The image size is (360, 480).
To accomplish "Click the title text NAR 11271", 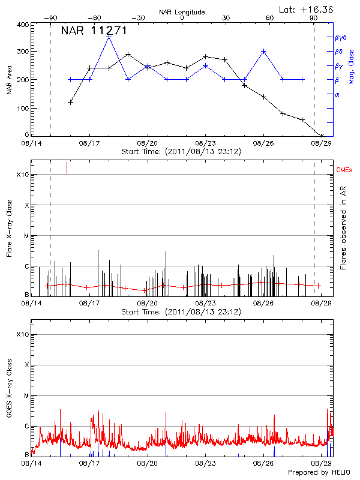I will [x=94, y=31].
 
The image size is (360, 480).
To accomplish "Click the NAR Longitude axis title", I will [x=182, y=12].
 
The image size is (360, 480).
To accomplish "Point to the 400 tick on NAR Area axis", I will [x=23, y=25].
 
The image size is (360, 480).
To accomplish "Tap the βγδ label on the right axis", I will [x=340, y=37].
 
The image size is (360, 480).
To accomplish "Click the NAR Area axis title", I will [x=8, y=80].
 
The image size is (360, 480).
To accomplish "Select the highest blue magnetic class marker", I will [x=109, y=37].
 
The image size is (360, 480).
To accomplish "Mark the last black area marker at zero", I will [x=322, y=136].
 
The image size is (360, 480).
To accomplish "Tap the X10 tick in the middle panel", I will [x=22, y=175].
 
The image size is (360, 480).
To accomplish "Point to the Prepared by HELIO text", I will [x=322, y=472].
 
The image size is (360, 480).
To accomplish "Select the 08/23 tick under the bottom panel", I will [x=205, y=463].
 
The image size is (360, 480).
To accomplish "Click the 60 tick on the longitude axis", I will [x=270, y=18].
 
